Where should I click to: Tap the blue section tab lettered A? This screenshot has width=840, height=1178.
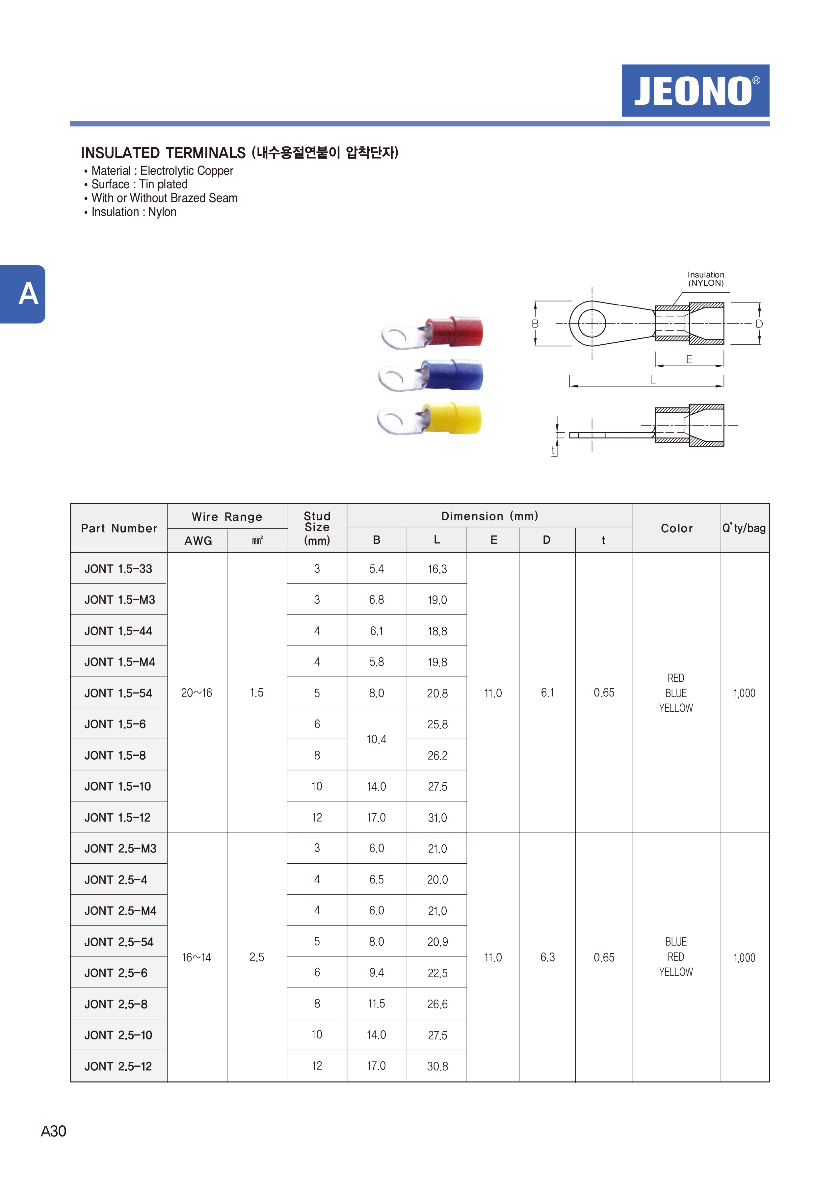(22, 294)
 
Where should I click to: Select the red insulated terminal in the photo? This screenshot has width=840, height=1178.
(432, 332)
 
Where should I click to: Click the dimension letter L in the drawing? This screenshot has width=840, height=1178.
(653, 380)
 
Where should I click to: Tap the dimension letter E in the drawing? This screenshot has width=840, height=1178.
(689, 359)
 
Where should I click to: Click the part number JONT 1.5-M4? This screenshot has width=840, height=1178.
(119, 662)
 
